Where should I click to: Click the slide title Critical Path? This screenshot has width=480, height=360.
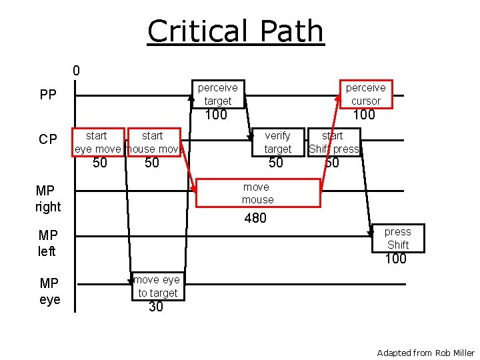tap(235, 31)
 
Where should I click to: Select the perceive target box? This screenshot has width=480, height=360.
tap(217, 94)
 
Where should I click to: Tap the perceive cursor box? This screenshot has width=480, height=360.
tap(365, 94)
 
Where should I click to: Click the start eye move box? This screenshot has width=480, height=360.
tap(98, 142)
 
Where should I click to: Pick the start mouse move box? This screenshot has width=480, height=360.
tap(153, 142)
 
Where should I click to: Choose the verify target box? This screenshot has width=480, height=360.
tap(277, 142)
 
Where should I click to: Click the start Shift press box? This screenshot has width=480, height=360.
tap(333, 142)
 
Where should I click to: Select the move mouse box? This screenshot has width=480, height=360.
tap(257, 193)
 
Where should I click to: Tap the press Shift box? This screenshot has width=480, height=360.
tap(397, 238)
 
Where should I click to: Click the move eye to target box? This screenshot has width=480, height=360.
tap(157, 287)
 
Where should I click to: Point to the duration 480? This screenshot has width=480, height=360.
tap(255, 218)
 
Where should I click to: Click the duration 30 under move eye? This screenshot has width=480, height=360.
tap(156, 307)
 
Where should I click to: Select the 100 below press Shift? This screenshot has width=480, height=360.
tap(395, 259)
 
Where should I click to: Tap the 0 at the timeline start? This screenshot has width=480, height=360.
tap(76, 70)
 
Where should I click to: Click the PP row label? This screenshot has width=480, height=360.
tap(48, 95)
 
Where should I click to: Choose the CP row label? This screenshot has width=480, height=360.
tap(48, 139)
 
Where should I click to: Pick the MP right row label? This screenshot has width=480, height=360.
tap(48, 199)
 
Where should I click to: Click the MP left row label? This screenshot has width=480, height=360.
tap(48, 243)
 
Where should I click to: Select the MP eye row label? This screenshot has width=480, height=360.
tap(49, 291)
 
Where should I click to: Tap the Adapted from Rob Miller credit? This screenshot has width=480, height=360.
tap(425, 353)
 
